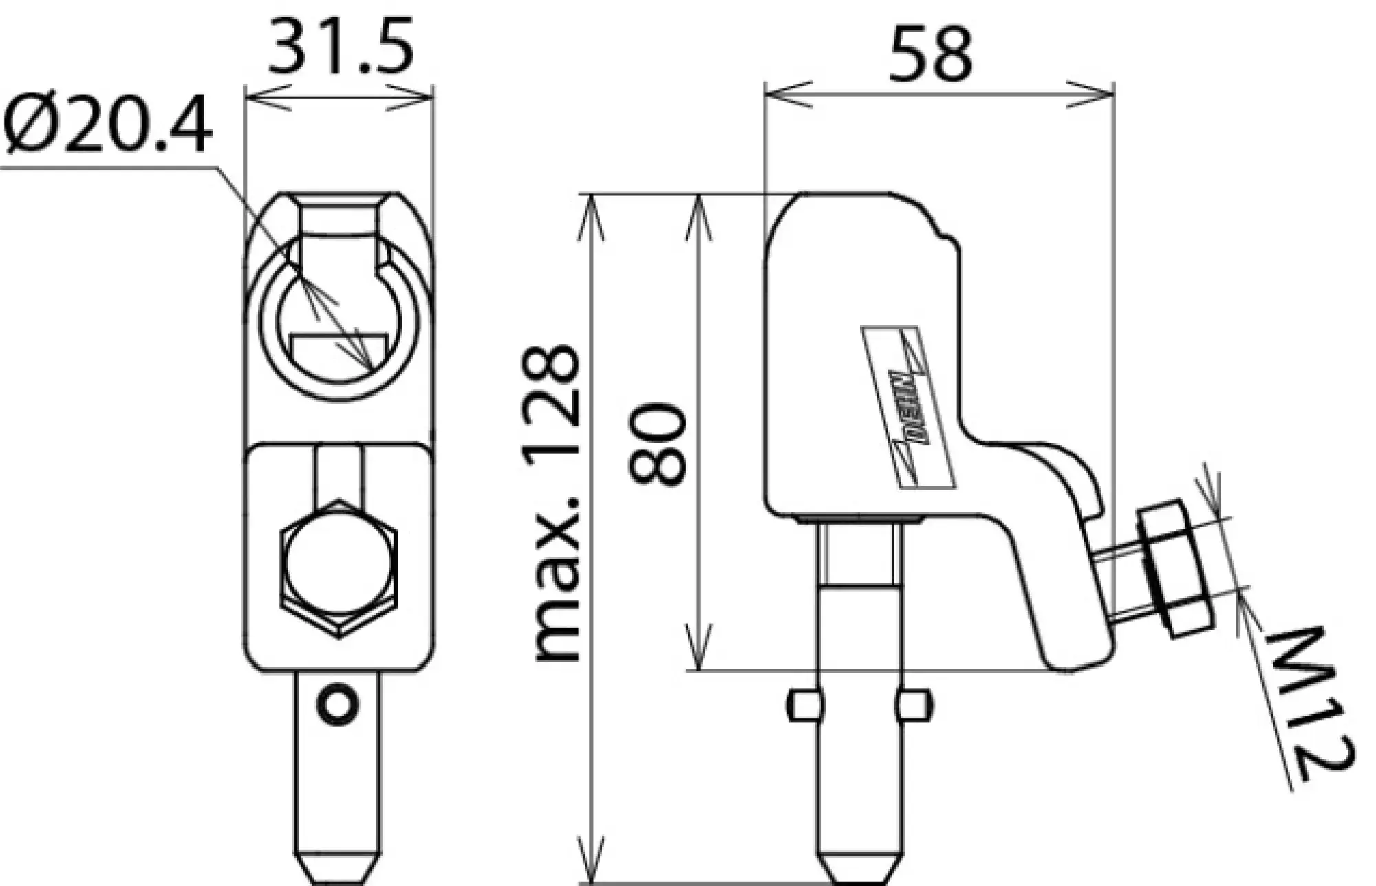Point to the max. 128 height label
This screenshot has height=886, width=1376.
pyautogui.click(x=557, y=502)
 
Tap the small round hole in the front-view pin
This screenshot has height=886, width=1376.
pyautogui.click(x=337, y=704)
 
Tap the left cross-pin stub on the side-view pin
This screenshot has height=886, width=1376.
pyautogui.click(x=804, y=705)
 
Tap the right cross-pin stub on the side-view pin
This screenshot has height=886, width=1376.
pyautogui.click(x=914, y=705)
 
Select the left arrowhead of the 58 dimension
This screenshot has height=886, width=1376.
pyautogui.click(x=784, y=94)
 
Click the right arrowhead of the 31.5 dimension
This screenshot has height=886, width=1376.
pyautogui.click(x=413, y=97)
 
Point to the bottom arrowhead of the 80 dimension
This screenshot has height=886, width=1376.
pyautogui.click(x=699, y=650)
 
